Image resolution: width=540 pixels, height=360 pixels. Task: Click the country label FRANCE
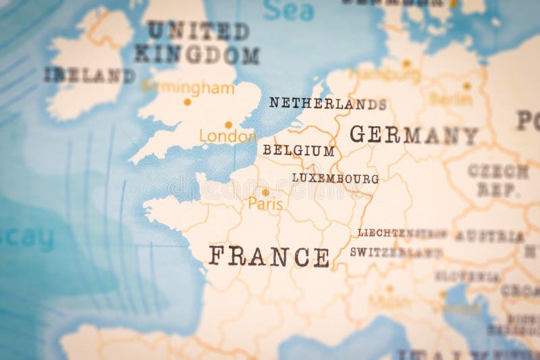point(269,257)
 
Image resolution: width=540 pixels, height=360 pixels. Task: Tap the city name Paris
point(265,203)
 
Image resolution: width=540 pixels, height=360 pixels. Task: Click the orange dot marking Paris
point(265,192)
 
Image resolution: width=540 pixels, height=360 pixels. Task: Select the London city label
point(227,137)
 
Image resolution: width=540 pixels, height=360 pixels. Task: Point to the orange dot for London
point(228,125)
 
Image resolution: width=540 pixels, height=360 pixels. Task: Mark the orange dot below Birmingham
point(187,103)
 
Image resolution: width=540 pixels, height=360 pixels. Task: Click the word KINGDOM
point(196,55)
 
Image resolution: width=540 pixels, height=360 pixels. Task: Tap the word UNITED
point(198,30)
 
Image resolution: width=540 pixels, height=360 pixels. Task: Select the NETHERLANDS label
point(328,103)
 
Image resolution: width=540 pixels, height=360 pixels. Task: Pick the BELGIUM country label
point(298,151)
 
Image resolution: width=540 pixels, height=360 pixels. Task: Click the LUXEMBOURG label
point(335,178)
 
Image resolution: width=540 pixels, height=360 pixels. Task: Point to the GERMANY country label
point(413,134)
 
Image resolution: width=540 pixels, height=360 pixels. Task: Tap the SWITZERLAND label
point(396,253)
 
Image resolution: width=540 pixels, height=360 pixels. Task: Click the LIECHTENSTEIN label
point(402,233)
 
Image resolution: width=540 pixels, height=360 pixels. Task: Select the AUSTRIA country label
point(489,236)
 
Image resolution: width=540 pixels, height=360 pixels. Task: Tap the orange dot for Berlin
point(466,86)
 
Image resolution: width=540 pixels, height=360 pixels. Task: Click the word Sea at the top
point(289,10)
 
